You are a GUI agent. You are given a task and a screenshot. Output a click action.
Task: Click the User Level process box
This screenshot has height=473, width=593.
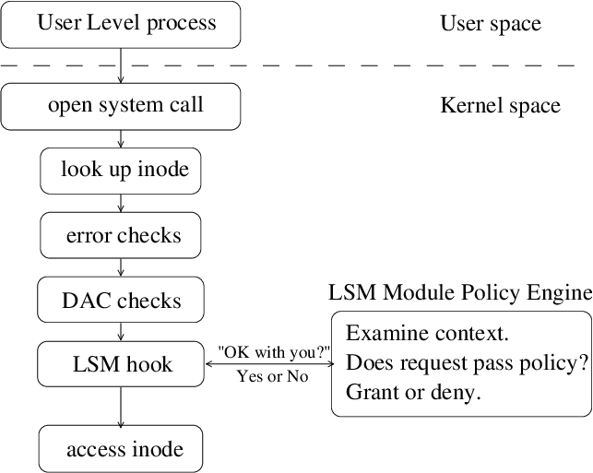pyautogui.click(x=121, y=24)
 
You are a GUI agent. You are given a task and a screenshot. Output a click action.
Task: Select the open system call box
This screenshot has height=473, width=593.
pyautogui.click(x=121, y=106)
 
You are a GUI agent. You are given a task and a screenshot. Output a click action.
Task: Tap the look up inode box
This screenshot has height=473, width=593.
pyautogui.click(x=121, y=170)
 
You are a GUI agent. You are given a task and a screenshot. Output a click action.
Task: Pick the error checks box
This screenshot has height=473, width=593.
pyautogui.click(x=121, y=236)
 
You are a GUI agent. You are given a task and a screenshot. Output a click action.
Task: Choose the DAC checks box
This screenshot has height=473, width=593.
pyautogui.click(x=121, y=302)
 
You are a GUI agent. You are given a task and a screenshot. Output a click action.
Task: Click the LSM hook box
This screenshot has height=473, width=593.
pyautogui.click(x=121, y=364)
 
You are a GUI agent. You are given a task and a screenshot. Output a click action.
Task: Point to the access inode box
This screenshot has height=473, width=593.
pyautogui.click(x=121, y=450)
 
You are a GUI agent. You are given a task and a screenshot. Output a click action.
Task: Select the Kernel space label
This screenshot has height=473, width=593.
pyautogui.click(x=500, y=106)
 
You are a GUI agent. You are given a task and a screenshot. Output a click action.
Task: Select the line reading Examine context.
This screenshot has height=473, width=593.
pyautogui.click(x=427, y=332)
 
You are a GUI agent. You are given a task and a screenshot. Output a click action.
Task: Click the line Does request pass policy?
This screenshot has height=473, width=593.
pyautogui.click(x=467, y=362)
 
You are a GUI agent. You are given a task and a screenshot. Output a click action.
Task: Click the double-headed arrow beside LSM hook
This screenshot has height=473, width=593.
pyautogui.click(x=268, y=363)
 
